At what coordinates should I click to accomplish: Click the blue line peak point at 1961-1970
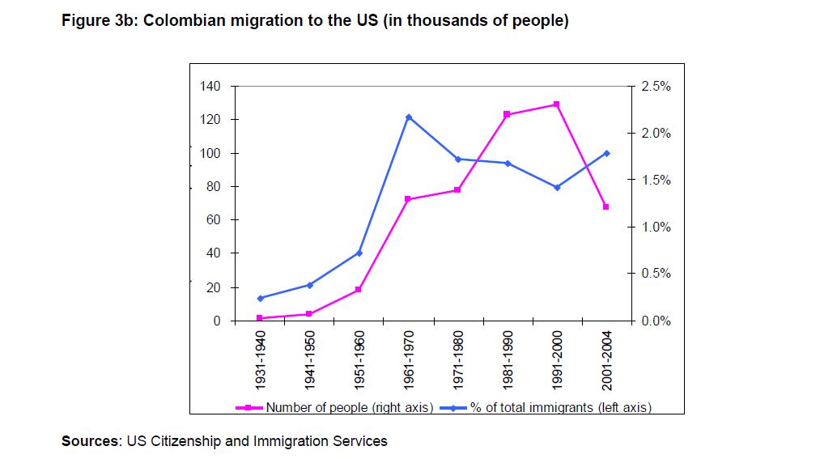point(408,117)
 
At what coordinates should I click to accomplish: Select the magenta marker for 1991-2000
point(556,104)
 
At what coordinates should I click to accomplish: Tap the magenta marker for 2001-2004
point(605,207)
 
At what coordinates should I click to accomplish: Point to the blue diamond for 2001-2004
point(605,153)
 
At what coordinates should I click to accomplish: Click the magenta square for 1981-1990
point(507,114)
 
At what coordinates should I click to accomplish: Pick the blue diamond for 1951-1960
point(359,253)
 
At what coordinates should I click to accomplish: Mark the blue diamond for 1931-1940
point(260,299)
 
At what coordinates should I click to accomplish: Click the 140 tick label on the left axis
point(210,86)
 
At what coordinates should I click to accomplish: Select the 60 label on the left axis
point(213,220)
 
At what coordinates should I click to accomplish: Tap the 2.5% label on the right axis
point(656,86)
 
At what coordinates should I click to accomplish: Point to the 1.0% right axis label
point(656,227)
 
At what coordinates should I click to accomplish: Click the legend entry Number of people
point(350,407)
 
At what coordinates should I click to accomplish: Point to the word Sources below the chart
point(90,441)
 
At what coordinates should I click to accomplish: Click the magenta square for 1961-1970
point(408,199)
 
